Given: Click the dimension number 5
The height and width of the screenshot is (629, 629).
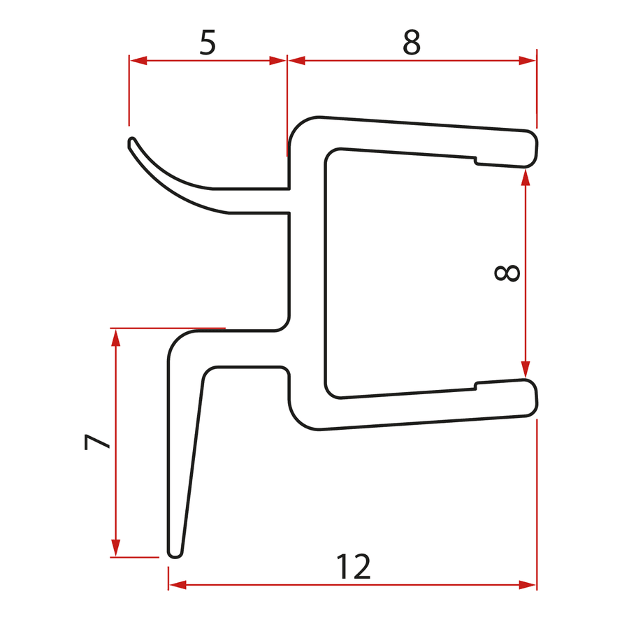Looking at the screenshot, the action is [208, 42].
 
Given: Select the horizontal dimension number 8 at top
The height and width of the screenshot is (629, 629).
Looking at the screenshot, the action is [412, 42].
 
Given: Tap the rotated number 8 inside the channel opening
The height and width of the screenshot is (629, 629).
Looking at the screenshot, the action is [507, 273].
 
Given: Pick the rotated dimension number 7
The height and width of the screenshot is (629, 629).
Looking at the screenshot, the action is [96, 442].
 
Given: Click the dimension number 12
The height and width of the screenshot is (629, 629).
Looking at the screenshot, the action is [354, 566].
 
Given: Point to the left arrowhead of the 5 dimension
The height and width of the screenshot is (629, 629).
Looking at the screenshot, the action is [138, 61].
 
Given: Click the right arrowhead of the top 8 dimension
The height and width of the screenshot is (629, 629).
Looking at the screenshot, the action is [527, 61].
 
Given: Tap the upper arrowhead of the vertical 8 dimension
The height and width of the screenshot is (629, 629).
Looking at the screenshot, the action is [525, 178].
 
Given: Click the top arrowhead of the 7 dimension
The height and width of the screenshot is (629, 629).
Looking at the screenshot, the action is [115, 338].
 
